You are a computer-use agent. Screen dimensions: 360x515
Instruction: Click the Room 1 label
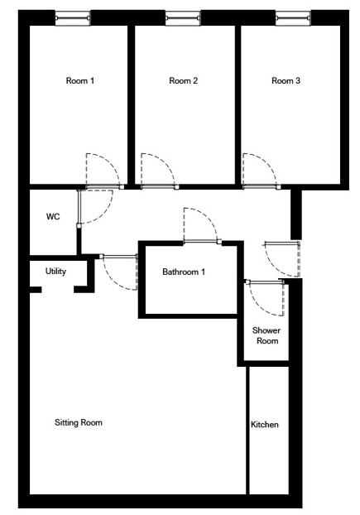coord(80,80)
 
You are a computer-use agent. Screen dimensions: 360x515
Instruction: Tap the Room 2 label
coord(184,80)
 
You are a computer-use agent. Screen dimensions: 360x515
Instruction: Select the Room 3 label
coord(286,80)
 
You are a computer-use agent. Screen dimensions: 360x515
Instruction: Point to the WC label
coord(53,216)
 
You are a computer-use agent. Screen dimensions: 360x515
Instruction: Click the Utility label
coord(55,272)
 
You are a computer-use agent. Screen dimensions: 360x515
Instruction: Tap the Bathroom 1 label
coord(184,272)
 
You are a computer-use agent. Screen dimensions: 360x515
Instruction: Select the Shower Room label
coord(266,335)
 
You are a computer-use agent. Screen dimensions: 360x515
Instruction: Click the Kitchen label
coord(265,425)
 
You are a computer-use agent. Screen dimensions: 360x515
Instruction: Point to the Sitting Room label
coord(79,422)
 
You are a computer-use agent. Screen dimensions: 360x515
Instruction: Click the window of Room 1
coord(73,17)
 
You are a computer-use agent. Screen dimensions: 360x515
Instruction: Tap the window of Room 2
coord(183,17)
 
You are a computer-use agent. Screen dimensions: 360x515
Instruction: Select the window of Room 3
coord(293,17)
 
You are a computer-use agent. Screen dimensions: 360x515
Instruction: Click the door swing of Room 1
coord(111,163)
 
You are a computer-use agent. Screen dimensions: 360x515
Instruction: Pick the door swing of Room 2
coord(166,163)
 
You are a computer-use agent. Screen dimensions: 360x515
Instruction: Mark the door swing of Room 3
coord(267,163)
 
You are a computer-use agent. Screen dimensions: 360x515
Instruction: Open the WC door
coord(103,214)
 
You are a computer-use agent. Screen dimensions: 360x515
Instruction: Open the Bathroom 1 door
coord(209,218)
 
